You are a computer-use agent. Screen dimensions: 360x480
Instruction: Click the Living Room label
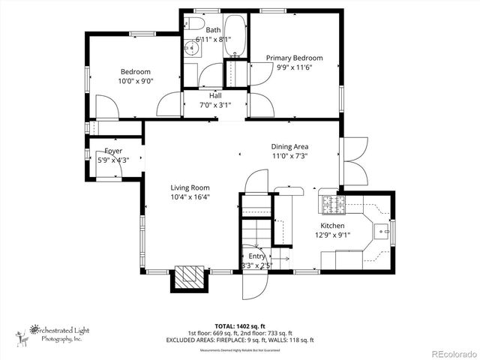(x=189, y=188)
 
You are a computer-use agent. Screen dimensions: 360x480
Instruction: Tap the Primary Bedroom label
(x=294, y=58)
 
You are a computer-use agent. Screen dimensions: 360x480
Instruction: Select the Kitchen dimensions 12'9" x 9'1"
(x=332, y=235)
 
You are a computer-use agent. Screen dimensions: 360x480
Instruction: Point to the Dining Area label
(x=289, y=146)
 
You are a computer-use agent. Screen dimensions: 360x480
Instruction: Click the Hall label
(x=215, y=96)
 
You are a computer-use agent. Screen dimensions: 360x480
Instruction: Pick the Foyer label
(x=113, y=151)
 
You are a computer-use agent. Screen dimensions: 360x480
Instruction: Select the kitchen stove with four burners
(x=330, y=202)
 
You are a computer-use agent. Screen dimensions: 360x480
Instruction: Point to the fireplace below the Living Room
(x=190, y=277)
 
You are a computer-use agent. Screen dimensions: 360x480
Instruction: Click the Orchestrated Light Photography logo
(x=52, y=332)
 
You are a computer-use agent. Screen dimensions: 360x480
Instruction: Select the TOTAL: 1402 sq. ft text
(x=240, y=326)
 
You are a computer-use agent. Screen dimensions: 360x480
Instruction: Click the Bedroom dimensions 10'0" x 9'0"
(x=135, y=81)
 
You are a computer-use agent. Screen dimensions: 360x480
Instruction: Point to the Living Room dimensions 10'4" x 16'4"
(x=189, y=198)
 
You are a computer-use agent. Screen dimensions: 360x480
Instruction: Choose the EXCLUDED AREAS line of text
(x=240, y=340)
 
